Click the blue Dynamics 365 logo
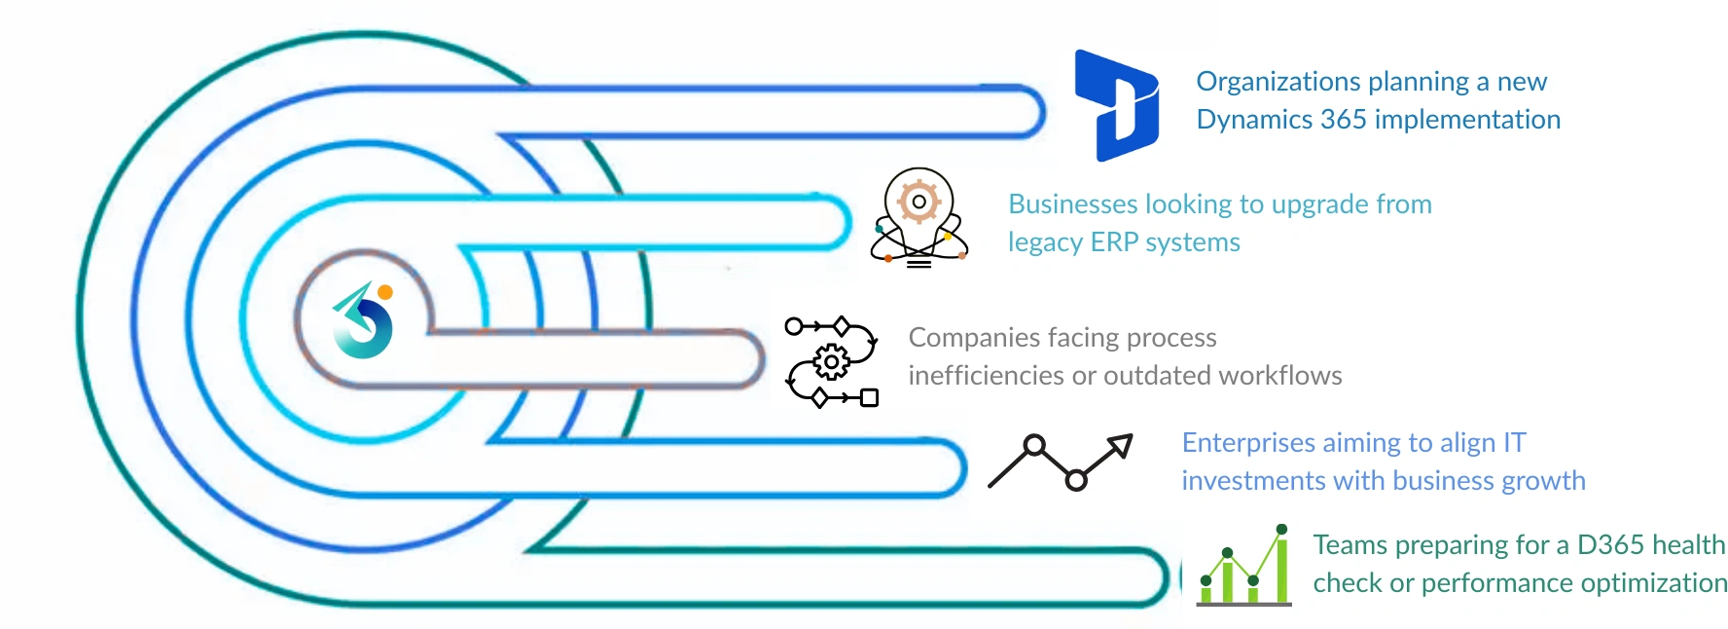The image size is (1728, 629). pos(1116,104)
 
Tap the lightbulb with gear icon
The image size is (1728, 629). pos(918,217)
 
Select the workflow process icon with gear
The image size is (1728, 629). pos(832,361)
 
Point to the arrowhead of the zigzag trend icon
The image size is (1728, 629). pos(1122,445)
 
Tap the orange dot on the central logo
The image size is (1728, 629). pos(385,291)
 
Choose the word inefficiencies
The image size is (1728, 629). pos(986,376)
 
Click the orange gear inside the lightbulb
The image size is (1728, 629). pos(918,202)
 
